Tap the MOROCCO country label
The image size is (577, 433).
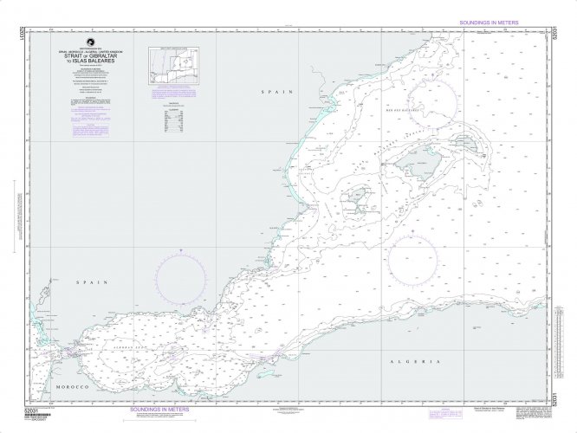(x=70, y=387)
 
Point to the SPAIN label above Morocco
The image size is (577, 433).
(x=88, y=283)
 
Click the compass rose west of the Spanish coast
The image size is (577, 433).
(x=181, y=276)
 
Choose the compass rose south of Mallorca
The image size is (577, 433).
(x=412, y=257)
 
